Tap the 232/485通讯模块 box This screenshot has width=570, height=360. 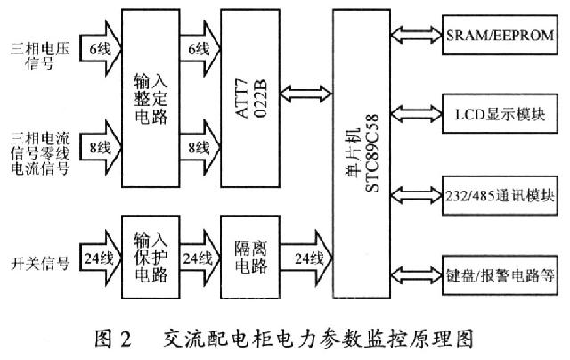click(501, 194)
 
